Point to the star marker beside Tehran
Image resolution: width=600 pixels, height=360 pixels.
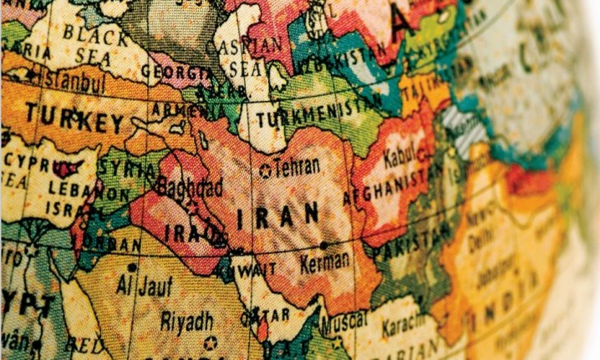click(267, 170)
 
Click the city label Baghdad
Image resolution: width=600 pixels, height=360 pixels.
click(181, 184)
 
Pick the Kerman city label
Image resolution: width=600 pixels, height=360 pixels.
click(326, 260)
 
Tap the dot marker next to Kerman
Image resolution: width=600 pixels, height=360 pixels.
click(323, 245)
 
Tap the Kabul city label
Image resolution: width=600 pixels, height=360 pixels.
click(399, 157)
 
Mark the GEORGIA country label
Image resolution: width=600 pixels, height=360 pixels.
click(175, 72)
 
